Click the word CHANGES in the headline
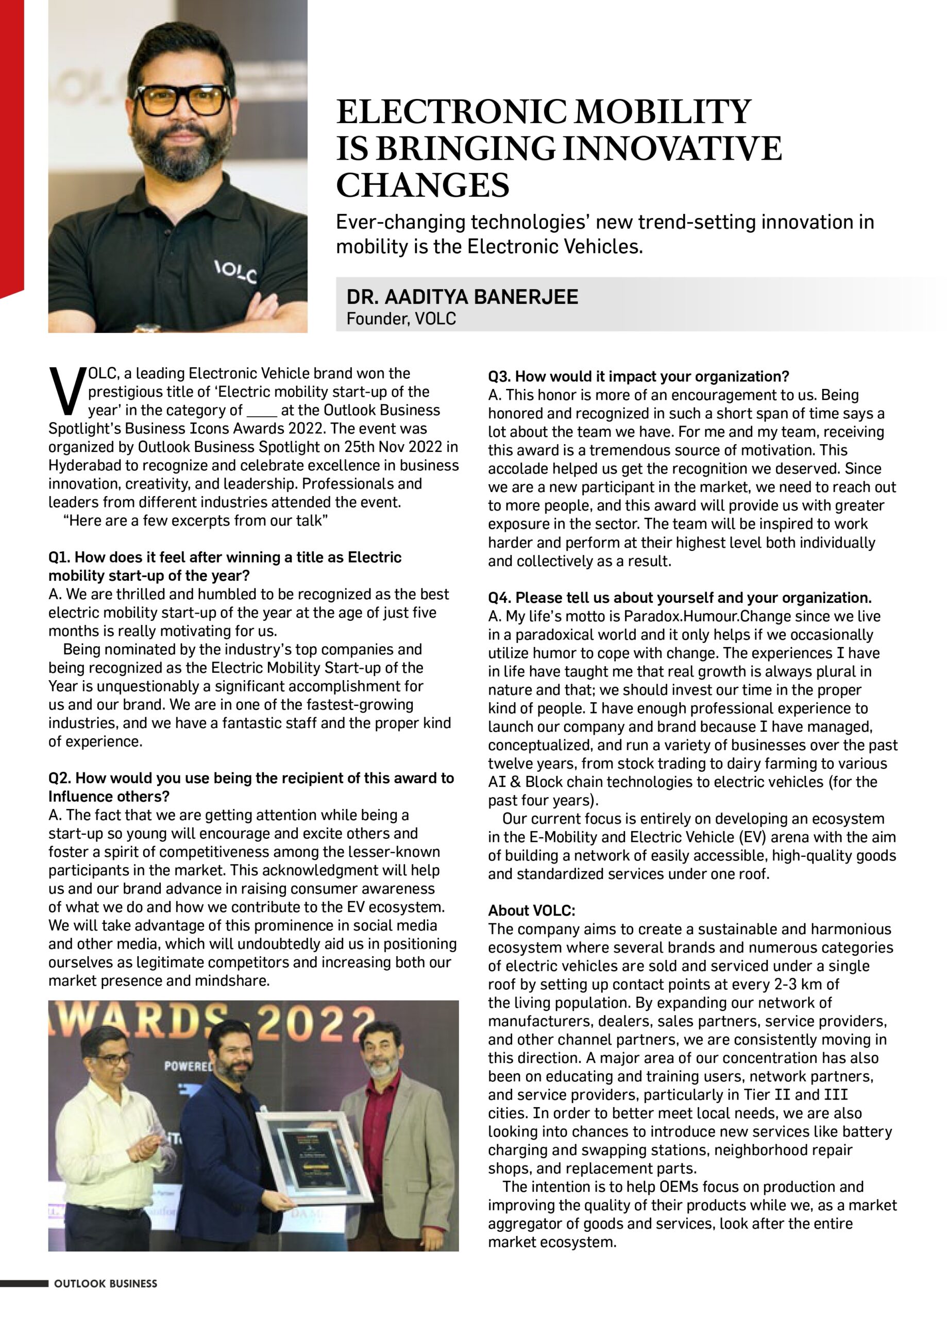pyautogui.click(x=422, y=185)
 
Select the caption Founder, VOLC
pyautogui.click(x=401, y=319)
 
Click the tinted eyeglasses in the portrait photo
pyautogui.click(x=182, y=100)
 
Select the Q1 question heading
pyautogui.click(x=225, y=566)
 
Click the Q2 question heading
pyautogui.click(x=251, y=787)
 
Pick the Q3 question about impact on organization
pyautogui.click(x=638, y=376)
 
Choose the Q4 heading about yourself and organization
pyautogui.click(x=680, y=597)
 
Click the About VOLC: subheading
pyautogui.click(x=531, y=910)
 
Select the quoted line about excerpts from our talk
pyautogui.click(x=195, y=520)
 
